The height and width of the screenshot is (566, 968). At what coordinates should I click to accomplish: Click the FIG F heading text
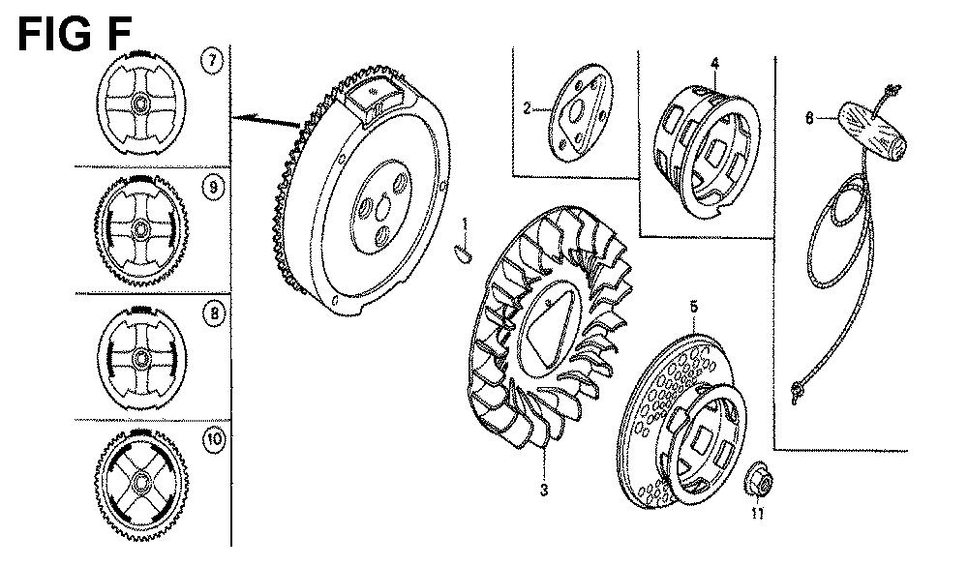(x=75, y=34)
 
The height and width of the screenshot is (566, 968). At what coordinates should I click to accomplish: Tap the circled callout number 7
(x=212, y=61)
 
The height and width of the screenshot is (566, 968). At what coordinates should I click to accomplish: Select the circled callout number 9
(x=214, y=187)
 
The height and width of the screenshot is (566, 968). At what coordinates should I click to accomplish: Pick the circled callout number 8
(x=214, y=313)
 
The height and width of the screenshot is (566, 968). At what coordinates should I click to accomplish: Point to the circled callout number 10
(x=214, y=440)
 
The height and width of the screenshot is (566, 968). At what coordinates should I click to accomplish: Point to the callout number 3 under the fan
(x=543, y=491)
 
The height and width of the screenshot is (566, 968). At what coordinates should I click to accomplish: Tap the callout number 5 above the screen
(x=694, y=306)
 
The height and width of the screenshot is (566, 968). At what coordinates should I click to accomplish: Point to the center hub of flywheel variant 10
(x=141, y=481)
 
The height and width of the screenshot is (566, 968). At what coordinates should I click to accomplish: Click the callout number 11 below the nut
(x=758, y=512)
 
